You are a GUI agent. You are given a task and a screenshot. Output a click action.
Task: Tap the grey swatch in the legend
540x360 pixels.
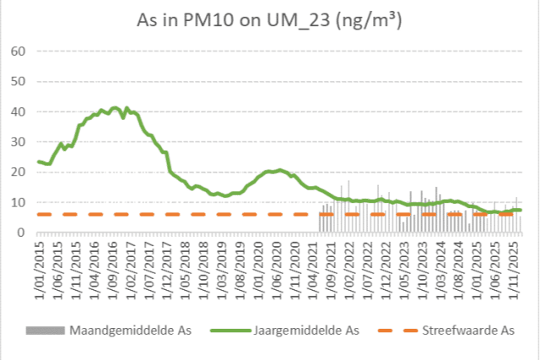click(50, 329)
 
